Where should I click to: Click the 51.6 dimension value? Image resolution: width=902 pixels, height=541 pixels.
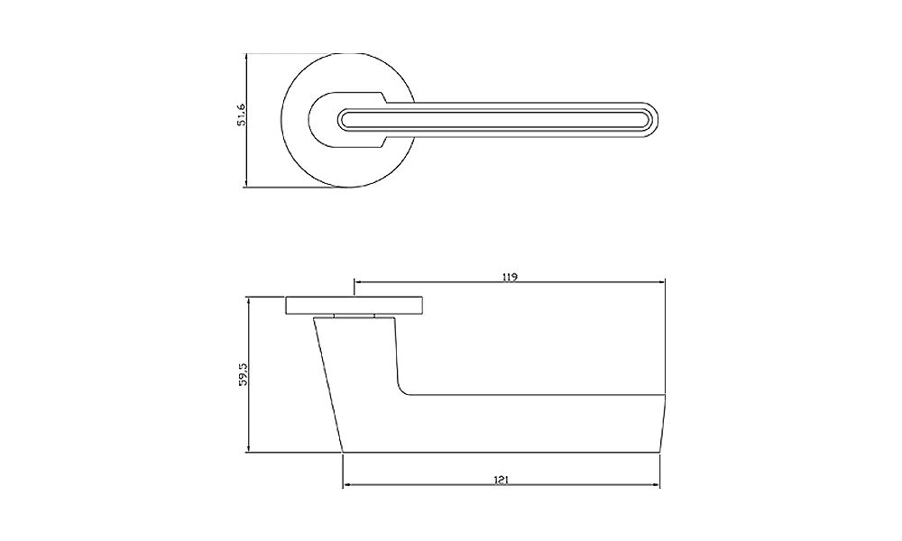coord(242,115)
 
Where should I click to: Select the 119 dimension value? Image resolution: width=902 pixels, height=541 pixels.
coord(510,277)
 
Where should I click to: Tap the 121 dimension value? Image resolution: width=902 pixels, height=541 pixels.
coord(501,480)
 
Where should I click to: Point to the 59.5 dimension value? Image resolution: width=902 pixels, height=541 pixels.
coord(243,374)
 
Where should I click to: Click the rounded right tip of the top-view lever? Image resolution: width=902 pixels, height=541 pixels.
coord(655,120)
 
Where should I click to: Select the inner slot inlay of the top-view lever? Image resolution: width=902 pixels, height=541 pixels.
coord(494,120)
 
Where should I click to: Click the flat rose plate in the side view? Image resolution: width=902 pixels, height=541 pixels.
coord(354,306)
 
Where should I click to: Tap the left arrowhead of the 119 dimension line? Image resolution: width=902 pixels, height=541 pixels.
coord(358,282)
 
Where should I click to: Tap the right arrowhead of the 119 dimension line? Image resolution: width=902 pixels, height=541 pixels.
coord(661,282)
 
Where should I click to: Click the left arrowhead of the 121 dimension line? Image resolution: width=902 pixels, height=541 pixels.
coord(347,486)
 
